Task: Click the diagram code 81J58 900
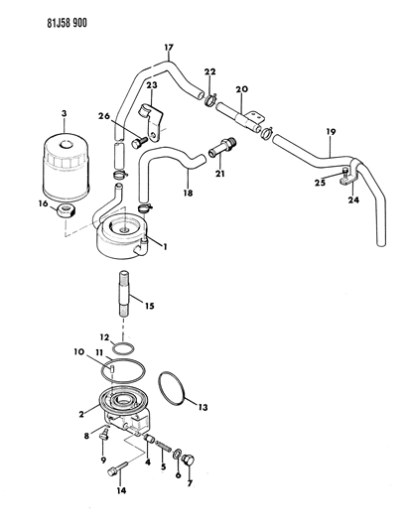pos(67,23)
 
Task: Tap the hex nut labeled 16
pos(66,211)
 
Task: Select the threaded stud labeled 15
pos(123,293)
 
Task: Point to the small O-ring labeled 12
pos(123,348)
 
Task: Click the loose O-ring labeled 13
pos(172,388)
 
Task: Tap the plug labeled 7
pos(188,461)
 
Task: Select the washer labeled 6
pos(177,455)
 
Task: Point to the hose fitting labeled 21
pos(222,147)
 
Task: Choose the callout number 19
pos(331,132)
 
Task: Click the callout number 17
pos(169,48)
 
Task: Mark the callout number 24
pos(353,200)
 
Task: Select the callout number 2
pos(81,414)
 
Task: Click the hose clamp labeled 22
pos(210,100)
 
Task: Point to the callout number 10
pos(78,352)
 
